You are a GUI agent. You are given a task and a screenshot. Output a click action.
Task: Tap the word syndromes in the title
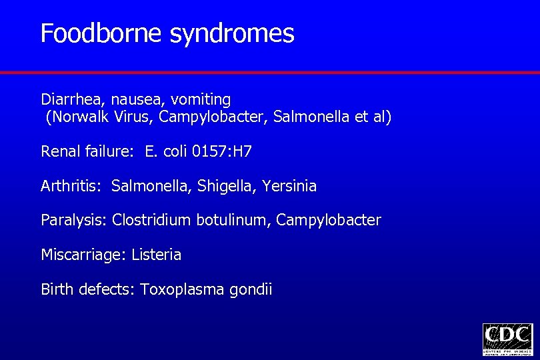(232, 34)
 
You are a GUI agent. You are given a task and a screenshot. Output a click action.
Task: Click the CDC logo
(507, 339)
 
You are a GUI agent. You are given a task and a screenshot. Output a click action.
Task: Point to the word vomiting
(201, 101)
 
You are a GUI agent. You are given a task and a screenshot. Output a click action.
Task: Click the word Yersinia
(289, 187)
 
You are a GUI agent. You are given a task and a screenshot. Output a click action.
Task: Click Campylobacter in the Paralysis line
(329, 221)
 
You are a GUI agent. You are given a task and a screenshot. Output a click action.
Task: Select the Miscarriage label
(83, 255)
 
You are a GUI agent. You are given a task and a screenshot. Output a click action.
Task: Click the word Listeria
(157, 255)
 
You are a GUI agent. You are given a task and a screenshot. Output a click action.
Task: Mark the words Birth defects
(88, 290)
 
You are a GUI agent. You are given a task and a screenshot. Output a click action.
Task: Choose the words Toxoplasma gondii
(206, 290)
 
